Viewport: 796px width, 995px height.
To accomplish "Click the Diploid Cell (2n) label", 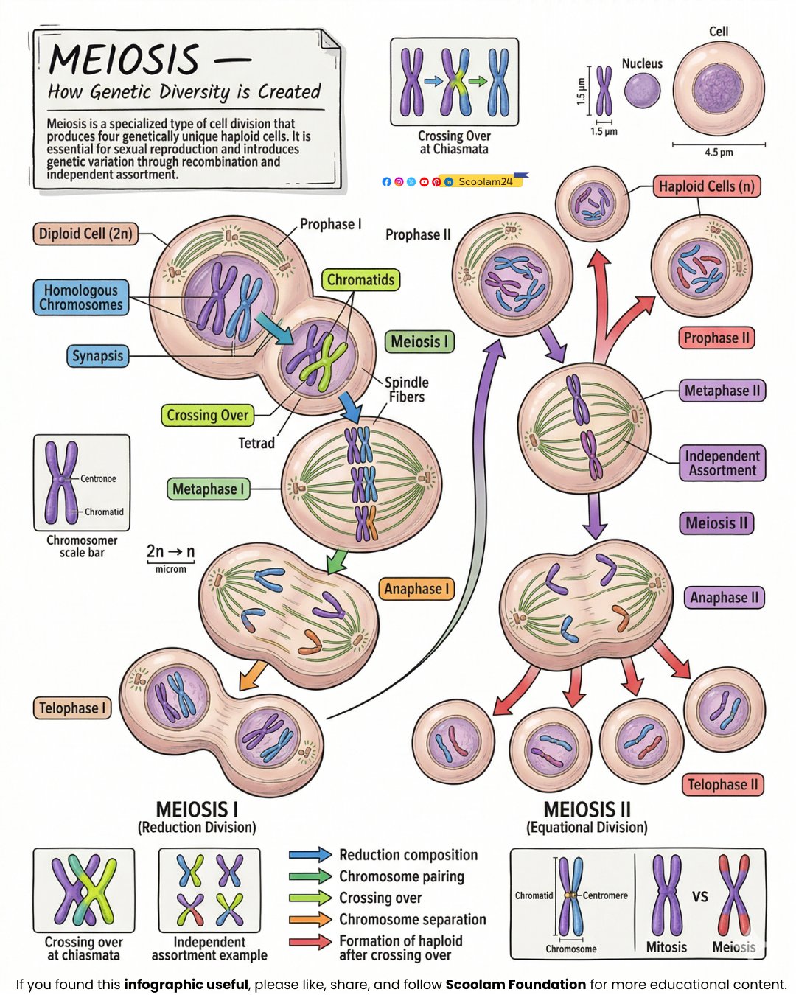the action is point(85,234).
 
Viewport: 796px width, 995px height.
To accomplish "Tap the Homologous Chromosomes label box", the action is point(81,297).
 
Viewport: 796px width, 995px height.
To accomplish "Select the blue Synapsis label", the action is point(97,355).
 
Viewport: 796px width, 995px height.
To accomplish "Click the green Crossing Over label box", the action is point(208,415).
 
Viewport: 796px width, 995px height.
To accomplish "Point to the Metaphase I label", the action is point(208,489).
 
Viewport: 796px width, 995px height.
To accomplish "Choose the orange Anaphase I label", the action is point(416,589).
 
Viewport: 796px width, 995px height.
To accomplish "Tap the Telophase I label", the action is point(72,708).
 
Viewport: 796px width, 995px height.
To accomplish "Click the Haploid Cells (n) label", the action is point(707,186).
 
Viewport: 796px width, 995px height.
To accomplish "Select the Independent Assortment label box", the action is point(722,463).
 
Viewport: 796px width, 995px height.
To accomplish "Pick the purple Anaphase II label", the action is point(725,598).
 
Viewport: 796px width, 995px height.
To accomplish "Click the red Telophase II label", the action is point(722,785).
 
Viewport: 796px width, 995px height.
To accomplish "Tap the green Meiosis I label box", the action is point(419,342).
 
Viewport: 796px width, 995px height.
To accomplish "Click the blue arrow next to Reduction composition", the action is point(310,854).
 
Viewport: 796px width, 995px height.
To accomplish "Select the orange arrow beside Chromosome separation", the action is point(310,919).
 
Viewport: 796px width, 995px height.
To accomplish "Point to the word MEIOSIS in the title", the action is point(124,60).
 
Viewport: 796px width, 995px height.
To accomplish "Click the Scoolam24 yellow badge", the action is point(483,181).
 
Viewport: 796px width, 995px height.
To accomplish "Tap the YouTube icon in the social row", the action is point(424,182).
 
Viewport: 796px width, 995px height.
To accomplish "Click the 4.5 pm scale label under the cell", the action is point(719,152).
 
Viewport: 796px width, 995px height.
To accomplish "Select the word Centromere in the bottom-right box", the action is point(605,895).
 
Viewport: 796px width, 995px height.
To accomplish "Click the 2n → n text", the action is point(171,551).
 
